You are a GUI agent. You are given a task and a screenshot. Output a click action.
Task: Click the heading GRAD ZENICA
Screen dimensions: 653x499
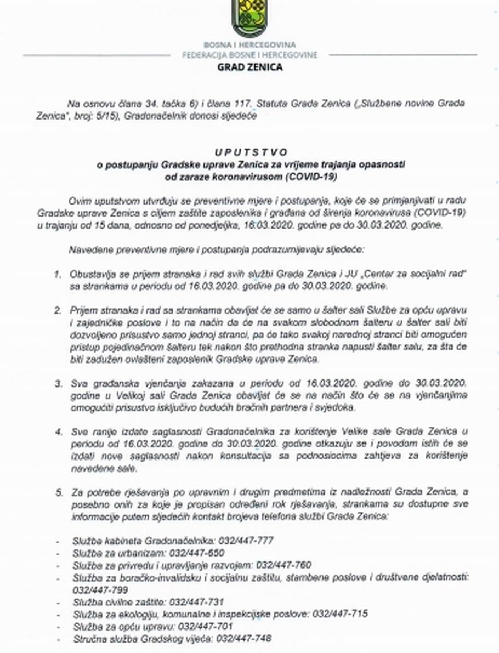pos(250,67)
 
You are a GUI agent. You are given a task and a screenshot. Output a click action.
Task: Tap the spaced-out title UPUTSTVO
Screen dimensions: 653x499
pos(251,152)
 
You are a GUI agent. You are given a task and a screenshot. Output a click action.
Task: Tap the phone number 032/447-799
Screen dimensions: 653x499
pos(100,589)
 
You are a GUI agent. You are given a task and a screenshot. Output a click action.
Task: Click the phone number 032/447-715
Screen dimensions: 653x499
pos(340,614)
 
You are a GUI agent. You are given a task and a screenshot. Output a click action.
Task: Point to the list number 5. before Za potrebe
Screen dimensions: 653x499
pos(58,492)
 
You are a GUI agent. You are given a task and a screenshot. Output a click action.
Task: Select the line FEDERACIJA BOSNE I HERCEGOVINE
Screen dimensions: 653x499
pos(250,55)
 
